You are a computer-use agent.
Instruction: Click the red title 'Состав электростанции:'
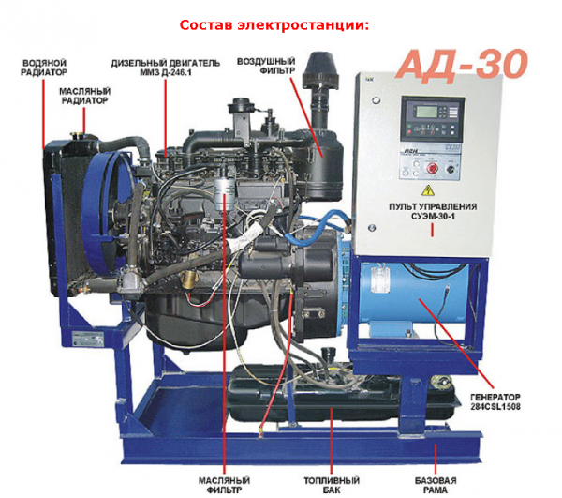pos(274,25)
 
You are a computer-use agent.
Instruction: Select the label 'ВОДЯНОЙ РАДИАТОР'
pos(44,68)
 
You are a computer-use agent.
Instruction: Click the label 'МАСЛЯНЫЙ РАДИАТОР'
pos(84,96)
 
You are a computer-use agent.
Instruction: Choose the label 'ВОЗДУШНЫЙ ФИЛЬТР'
pos(266,66)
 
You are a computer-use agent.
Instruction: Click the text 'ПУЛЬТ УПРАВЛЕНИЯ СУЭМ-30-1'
pos(433,211)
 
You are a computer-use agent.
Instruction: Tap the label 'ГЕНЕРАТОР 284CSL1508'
pos(495,401)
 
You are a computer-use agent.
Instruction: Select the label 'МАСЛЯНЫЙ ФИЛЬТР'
pos(225,485)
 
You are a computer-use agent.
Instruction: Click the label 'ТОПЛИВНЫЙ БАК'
pos(332,485)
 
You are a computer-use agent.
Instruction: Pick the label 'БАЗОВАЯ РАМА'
pos(436,485)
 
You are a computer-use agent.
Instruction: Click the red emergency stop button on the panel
pos(431,167)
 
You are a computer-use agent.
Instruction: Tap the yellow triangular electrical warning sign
pos(427,190)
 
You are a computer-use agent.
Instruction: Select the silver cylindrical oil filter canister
pos(225,192)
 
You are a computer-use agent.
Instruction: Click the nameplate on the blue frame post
pos(88,339)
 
